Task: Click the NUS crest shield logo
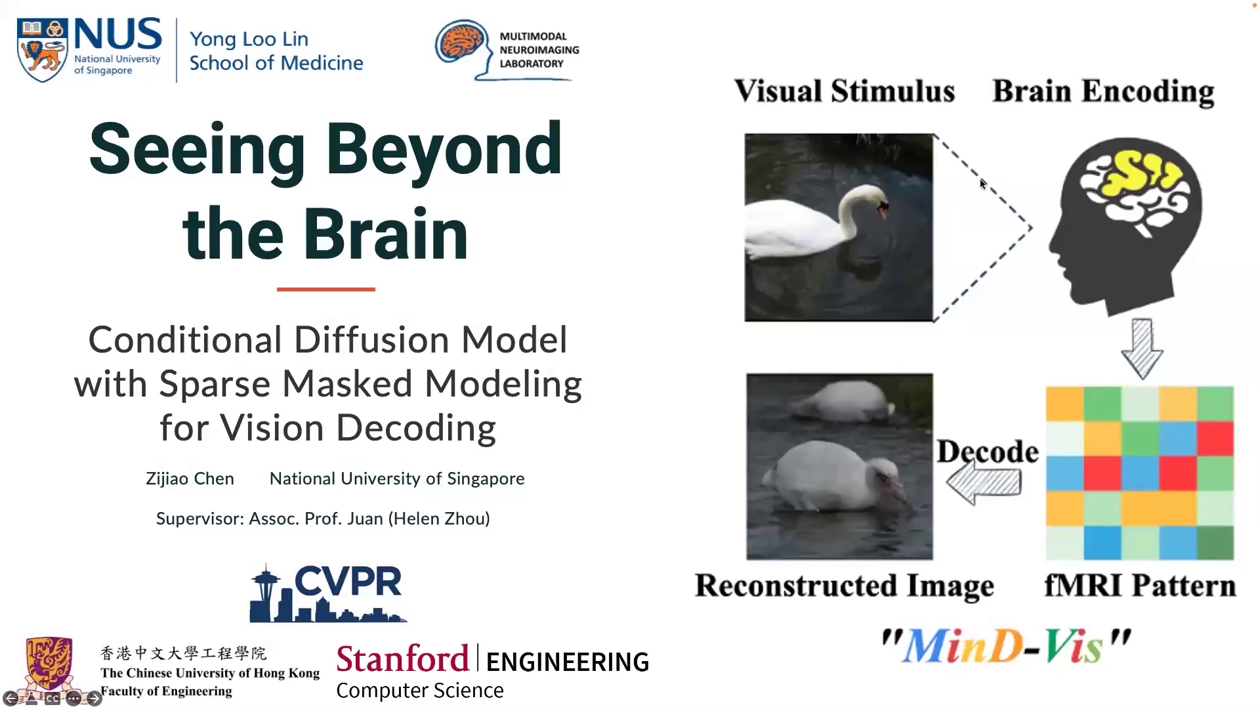(x=43, y=50)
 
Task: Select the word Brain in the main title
(x=386, y=234)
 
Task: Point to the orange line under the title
(x=325, y=289)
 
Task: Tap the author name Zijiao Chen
(x=190, y=479)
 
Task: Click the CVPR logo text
(x=348, y=581)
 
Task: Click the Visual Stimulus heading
(x=845, y=91)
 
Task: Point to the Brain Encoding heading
(x=1103, y=92)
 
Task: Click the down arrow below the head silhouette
(x=1142, y=349)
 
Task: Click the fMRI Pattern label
(x=1140, y=585)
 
